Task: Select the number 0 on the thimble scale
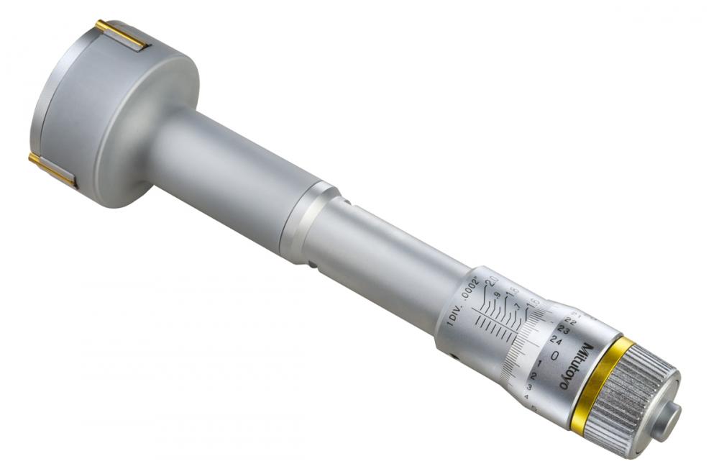point(554,355)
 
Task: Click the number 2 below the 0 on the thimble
point(533,376)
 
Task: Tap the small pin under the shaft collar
point(314,265)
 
